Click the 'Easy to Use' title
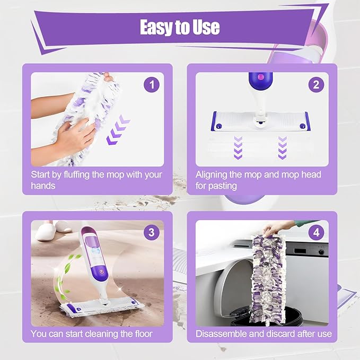[180, 27]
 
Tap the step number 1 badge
[152, 84]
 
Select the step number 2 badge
[317, 84]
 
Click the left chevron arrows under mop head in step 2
[238, 145]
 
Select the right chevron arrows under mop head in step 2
[283, 145]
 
